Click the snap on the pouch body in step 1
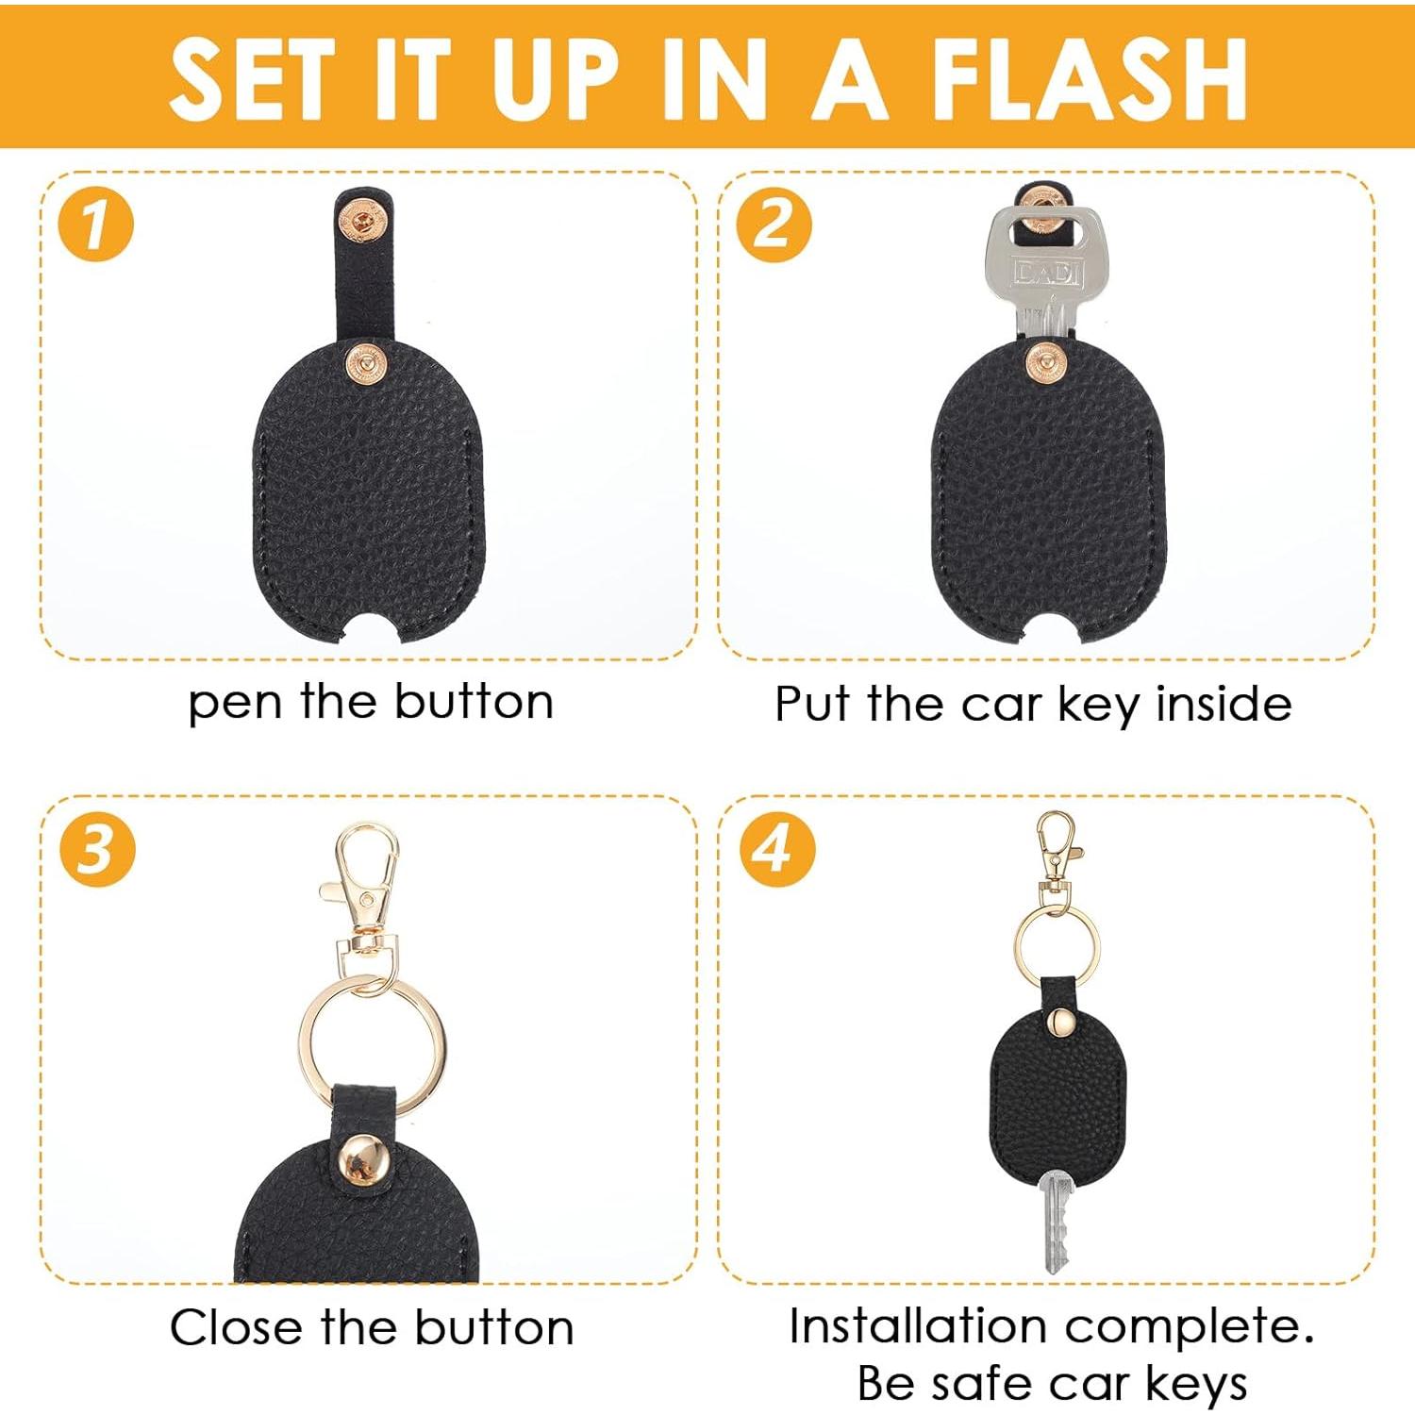tap(366, 363)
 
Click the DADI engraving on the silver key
tap(1047, 273)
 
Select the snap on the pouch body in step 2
tap(1045, 362)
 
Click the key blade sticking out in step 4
tap(1056, 1222)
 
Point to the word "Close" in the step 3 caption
tap(236, 1328)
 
